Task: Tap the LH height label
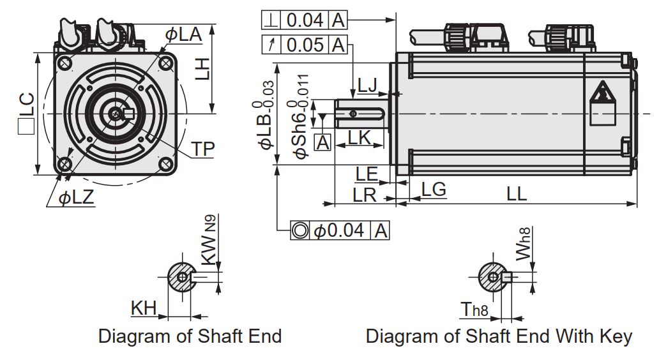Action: click(202, 70)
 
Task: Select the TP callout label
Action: click(202, 149)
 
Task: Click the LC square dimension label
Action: click(26, 114)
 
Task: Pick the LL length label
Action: click(516, 194)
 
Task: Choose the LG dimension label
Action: click(434, 190)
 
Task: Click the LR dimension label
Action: click(364, 195)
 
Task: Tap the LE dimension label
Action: click(367, 174)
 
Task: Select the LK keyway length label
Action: click(359, 138)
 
